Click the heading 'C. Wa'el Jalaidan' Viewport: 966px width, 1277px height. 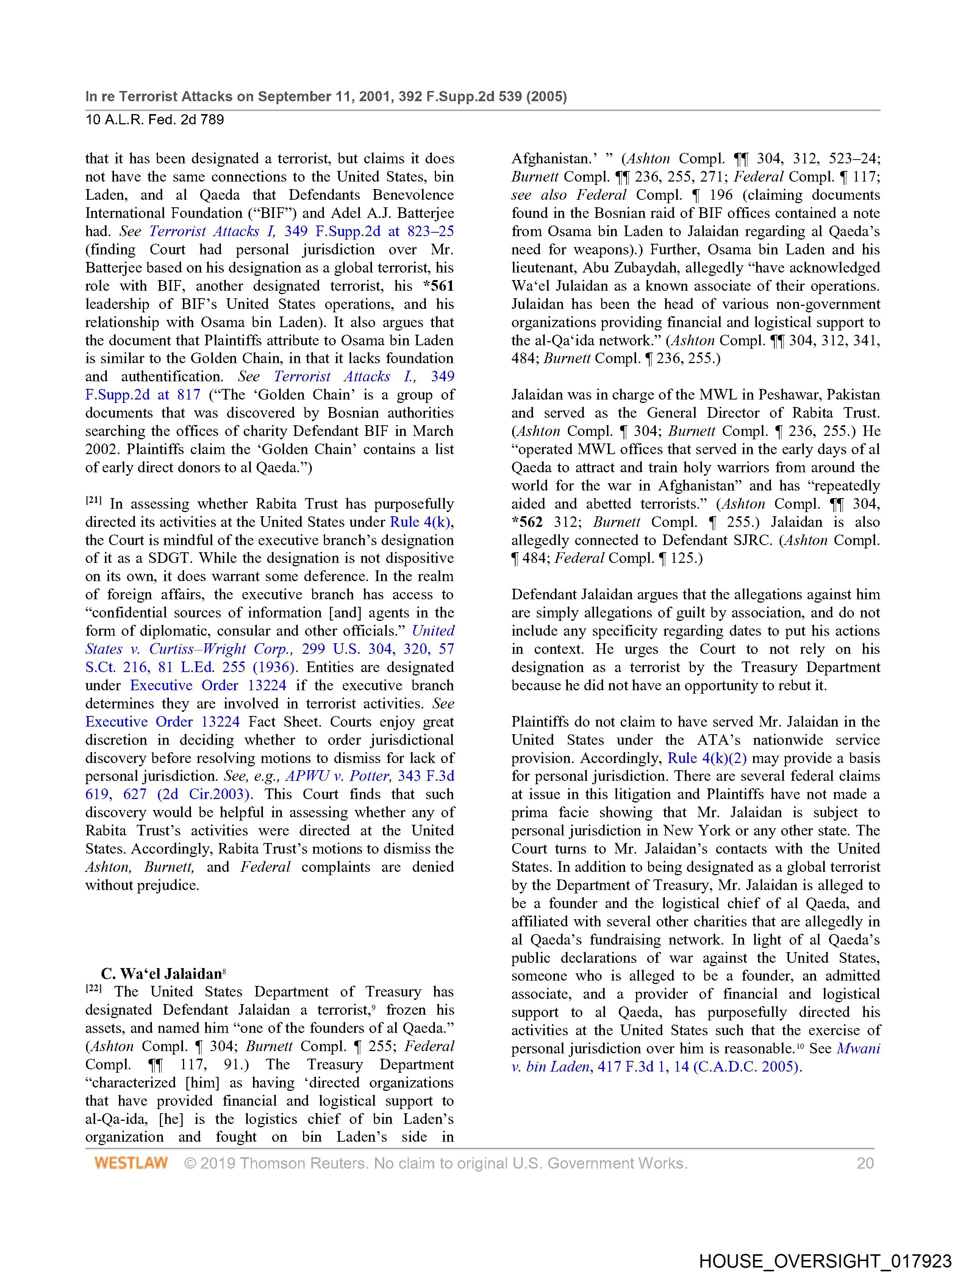(x=162, y=974)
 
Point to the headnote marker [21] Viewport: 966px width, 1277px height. (x=94, y=501)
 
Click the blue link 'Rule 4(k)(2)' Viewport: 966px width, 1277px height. (x=707, y=758)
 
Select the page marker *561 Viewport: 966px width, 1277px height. (x=439, y=286)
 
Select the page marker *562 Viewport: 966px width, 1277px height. (x=527, y=522)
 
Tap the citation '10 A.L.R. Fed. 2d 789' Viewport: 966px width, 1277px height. (x=155, y=120)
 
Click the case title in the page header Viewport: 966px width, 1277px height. (x=326, y=96)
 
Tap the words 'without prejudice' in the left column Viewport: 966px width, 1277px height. (x=142, y=885)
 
